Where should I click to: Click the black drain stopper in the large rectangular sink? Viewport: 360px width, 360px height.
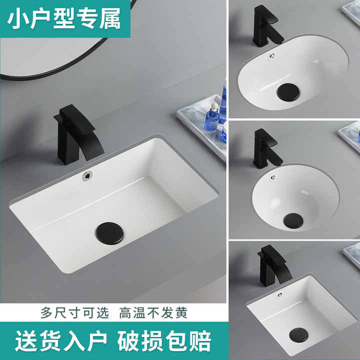[109, 233]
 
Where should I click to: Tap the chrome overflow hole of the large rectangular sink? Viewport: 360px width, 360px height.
[87, 176]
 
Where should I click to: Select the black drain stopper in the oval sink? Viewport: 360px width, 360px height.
[288, 92]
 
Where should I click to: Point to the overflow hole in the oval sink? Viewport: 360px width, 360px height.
[271, 56]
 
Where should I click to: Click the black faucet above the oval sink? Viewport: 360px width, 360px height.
[267, 25]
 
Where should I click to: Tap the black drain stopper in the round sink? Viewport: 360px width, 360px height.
[293, 220]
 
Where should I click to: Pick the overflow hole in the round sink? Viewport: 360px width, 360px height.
[273, 177]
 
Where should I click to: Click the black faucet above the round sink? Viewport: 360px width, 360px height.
[267, 148]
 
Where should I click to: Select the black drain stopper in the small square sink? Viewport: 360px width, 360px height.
[298, 334]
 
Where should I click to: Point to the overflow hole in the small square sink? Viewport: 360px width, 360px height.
[279, 295]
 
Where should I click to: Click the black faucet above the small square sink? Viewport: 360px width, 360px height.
[273, 266]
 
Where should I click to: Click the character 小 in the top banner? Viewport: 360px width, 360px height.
[18, 19]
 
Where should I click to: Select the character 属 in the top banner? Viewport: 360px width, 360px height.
[109, 19]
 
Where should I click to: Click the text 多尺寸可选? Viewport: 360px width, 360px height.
[75, 312]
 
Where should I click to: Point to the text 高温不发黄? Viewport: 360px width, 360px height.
[153, 312]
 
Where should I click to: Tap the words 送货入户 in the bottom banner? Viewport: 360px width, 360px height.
[61, 341]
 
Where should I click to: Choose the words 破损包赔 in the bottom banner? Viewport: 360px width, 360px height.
[164, 341]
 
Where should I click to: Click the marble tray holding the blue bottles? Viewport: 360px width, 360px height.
[201, 127]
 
